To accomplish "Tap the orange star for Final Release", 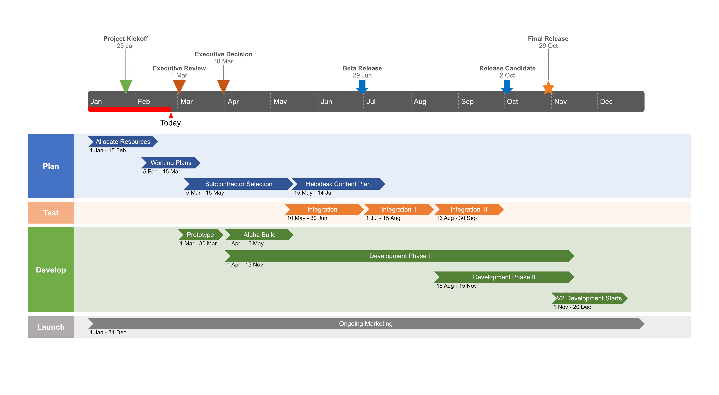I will tap(548, 88).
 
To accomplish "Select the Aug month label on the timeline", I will tap(420, 102).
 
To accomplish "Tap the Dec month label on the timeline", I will tap(606, 102).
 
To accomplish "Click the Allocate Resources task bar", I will tap(123, 142).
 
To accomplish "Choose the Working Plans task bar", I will tap(171, 163).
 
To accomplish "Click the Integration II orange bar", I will tap(399, 209).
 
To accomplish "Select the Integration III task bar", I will tap(469, 209).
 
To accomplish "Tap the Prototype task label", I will tap(200, 235).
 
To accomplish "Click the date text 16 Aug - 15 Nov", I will tap(456, 286).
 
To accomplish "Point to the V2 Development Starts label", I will tap(589, 298).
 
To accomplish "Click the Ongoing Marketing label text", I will tap(366, 324).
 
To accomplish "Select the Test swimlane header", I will tap(51, 213).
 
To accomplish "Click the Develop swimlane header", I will tap(51, 270).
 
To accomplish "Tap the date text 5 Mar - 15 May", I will tap(205, 193).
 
